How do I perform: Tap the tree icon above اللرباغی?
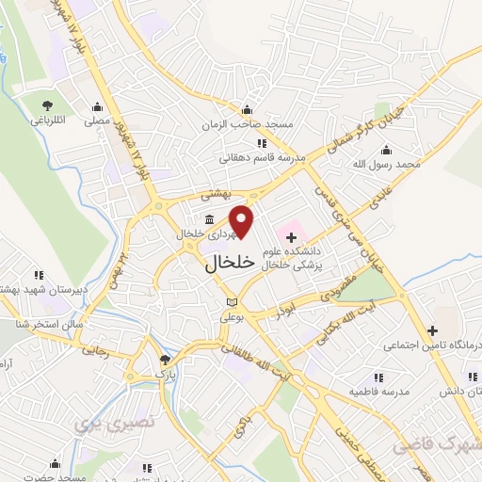46,104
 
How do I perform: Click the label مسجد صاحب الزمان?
247,123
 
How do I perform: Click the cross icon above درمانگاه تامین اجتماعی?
432,330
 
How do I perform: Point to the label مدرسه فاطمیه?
378,390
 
